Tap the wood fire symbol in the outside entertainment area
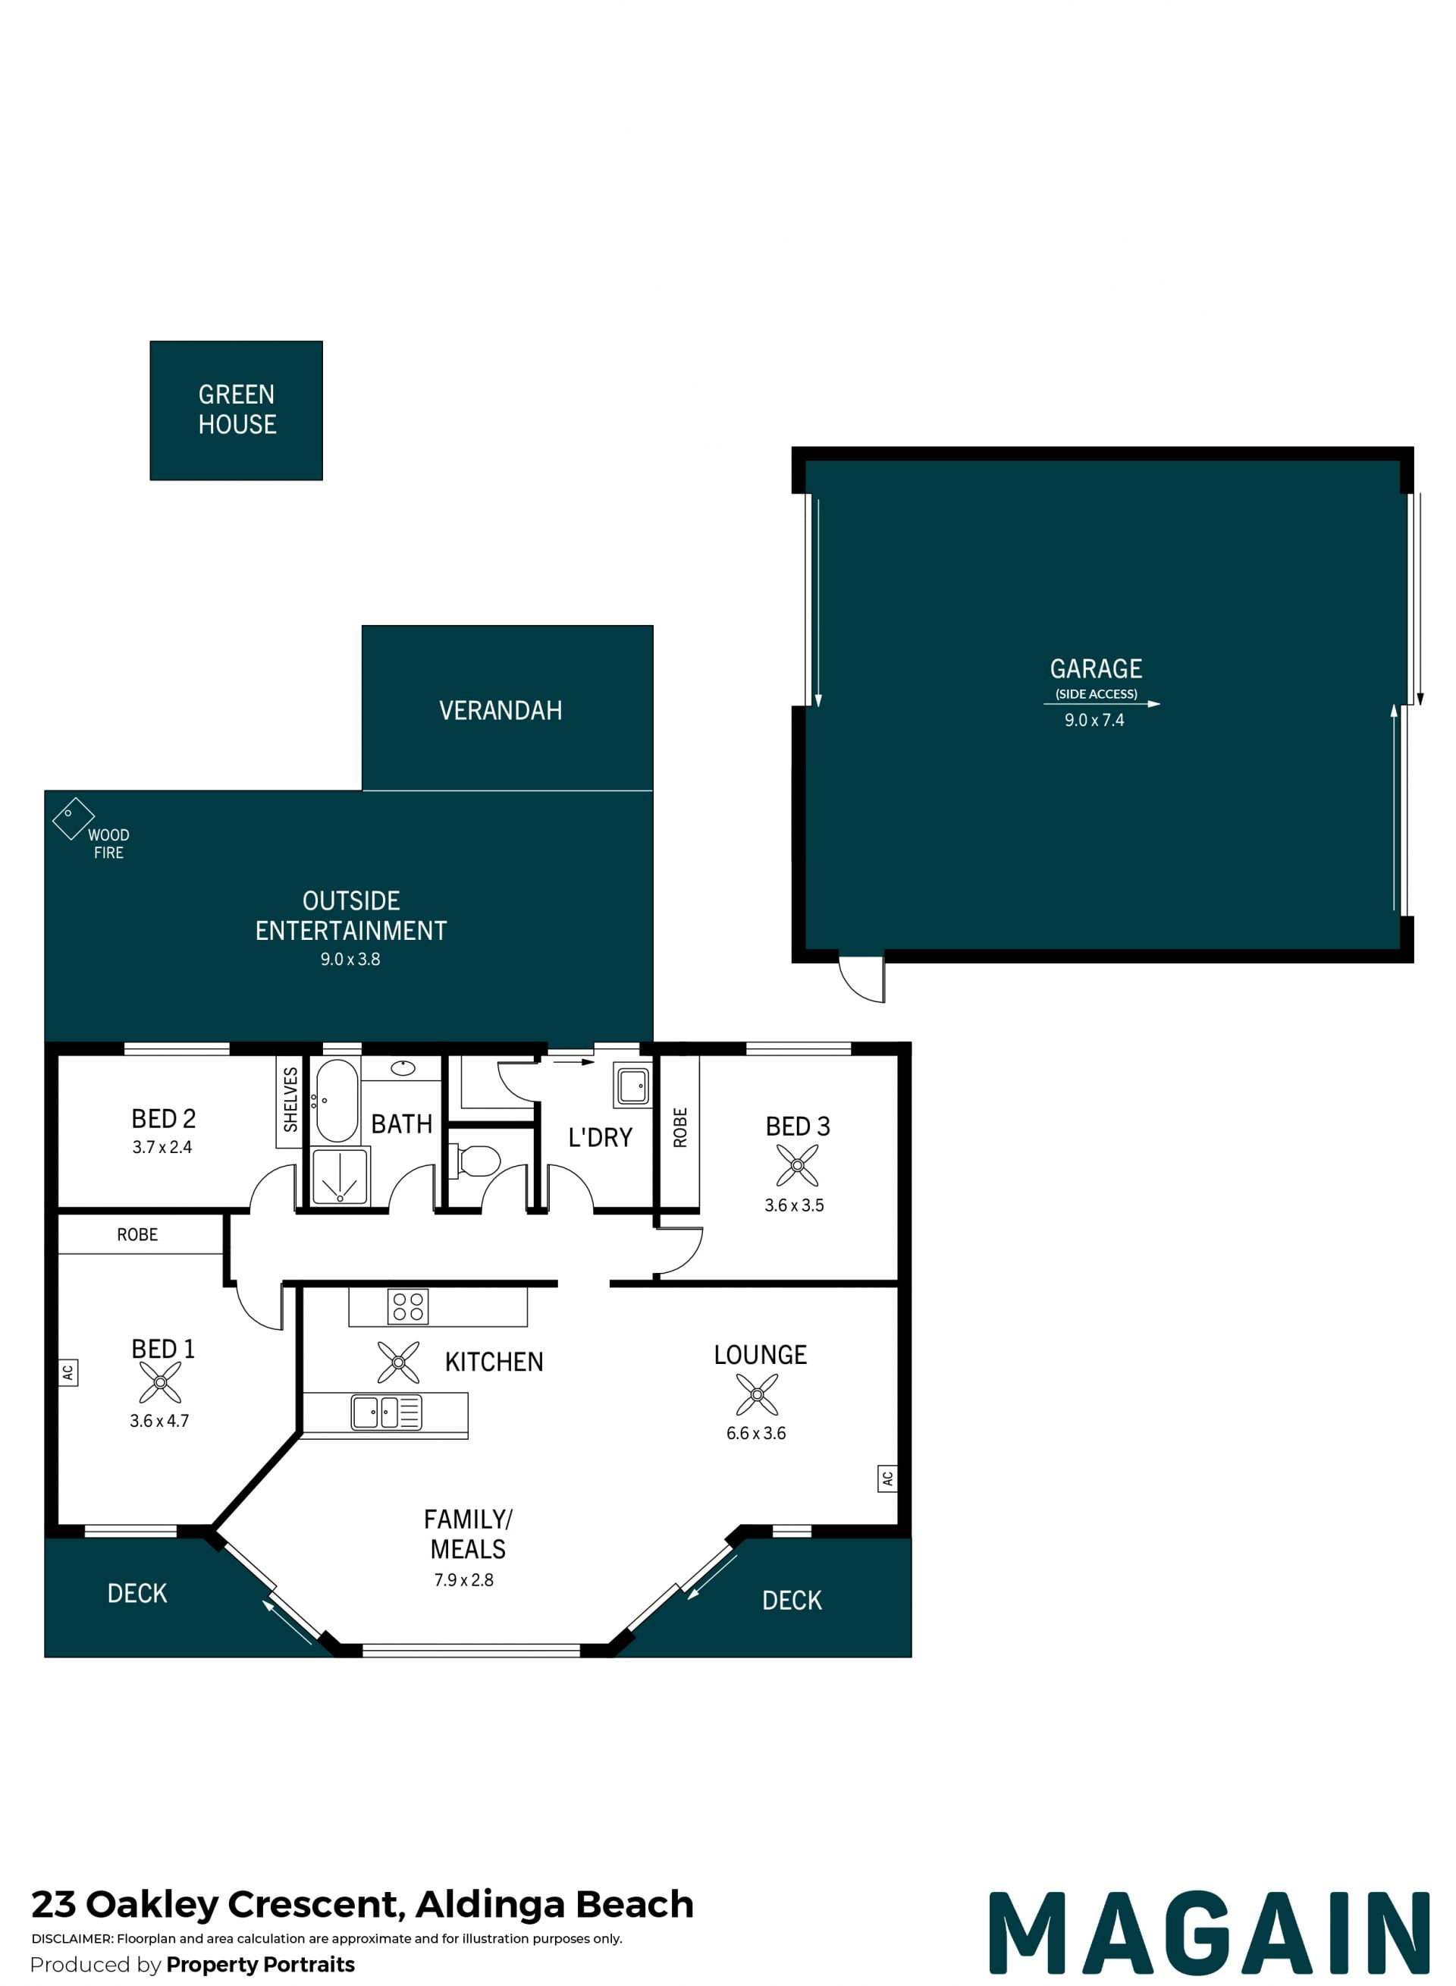click(x=73, y=819)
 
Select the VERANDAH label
click(x=500, y=711)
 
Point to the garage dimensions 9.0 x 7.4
click(x=1094, y=720)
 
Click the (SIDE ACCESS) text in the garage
click(x=1097, y=693)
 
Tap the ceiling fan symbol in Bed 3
click(x=798, y=1165)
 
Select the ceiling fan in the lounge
click(x=757, y=1394)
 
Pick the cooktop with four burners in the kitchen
click(x=408, y=1306)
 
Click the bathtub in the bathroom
click(x=337, y=1101)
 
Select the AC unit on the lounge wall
click(x=887, y=1478)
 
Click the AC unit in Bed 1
click(x=67, y=1372)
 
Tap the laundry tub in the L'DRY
click(x=632, y=1086)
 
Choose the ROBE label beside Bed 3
click(x=679, y=1127)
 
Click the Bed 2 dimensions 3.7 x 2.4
click(x=162, y=1147)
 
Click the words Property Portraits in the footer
click(x=260, y=1965)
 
